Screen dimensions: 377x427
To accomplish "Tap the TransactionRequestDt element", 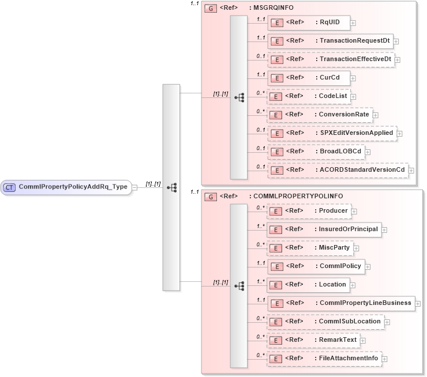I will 329,41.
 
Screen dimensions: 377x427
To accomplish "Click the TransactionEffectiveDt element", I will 331,59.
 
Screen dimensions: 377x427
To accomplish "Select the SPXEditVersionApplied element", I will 332,133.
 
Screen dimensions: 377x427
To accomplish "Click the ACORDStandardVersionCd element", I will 338,170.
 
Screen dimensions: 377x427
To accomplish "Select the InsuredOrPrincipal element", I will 324,229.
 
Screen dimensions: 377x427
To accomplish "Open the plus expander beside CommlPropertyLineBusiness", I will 418,303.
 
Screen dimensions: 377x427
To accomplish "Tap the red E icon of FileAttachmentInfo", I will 276,359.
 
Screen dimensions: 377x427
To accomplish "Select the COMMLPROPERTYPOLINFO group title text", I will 286,197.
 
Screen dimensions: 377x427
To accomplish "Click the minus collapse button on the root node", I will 134,187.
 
